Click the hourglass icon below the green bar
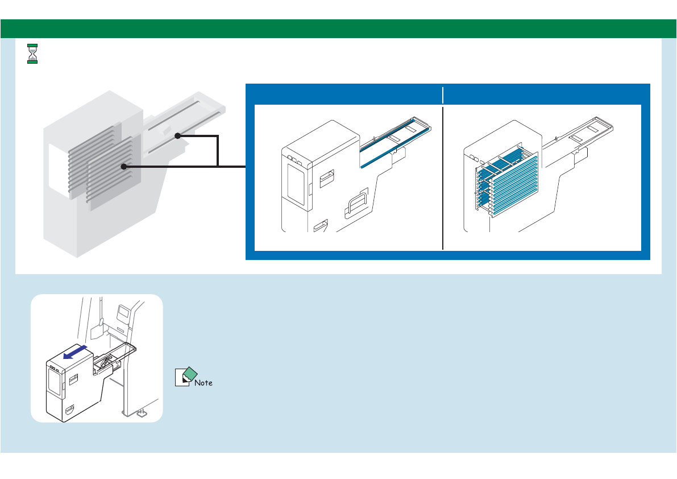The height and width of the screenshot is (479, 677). (x=33, y=53)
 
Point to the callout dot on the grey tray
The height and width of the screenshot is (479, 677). (x=177, y=135)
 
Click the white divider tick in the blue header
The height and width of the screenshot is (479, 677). (x=443, y=94)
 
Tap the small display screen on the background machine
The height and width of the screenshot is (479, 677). (x=123, y=311)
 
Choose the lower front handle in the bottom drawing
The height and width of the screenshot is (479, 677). (x=69, y=409)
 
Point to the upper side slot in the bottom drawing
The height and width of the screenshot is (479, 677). (x=73, y=377)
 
